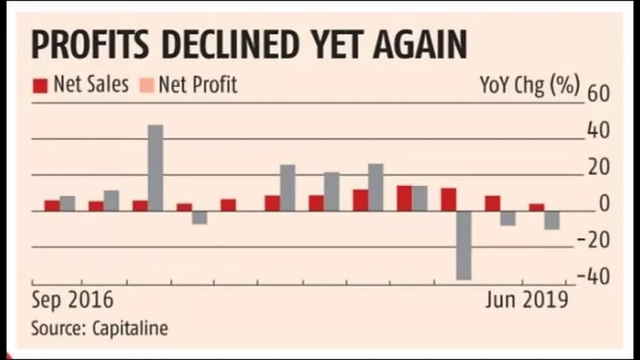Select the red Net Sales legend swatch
click(40, 86)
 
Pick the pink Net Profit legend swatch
click(148, 86)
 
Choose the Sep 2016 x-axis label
click(72, 301)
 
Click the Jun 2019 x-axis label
click(527, 301)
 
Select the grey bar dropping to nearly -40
click(464, 245)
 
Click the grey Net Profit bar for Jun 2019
click(551, 220)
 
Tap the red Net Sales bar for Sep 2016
click(52, 206)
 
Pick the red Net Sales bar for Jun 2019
click(537, 207)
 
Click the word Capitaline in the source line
click(130, 328)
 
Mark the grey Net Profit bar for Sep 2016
click(68, 203)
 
